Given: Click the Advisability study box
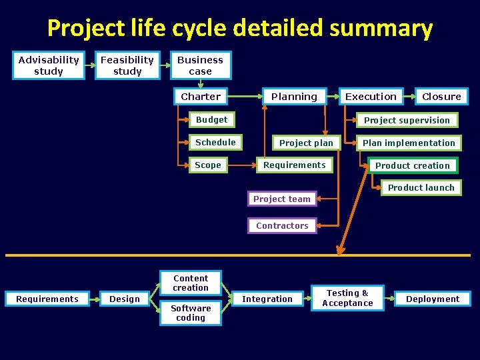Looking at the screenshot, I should [49, 65].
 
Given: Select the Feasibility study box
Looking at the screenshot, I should [127, 65].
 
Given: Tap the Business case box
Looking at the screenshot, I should [201, 65].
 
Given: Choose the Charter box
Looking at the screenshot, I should [201, 97].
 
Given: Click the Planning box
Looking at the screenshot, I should [294, 97].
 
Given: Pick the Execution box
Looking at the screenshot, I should [371, 97].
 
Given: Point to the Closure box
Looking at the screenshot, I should [441, 97].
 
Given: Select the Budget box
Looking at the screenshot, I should [211, 120].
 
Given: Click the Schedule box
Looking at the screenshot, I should [215, 143].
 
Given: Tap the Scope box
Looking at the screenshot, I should [208, 165].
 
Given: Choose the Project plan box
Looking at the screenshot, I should [306, 143].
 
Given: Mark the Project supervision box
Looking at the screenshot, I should [407, 121].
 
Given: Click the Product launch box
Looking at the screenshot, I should [421, 188].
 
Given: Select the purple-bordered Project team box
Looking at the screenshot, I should [282, 199].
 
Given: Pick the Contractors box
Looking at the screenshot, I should [282, 226].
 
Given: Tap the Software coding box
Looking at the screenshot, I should [191, 313].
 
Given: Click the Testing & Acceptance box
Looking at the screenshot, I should [347, 298].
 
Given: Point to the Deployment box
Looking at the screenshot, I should [433, 299].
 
